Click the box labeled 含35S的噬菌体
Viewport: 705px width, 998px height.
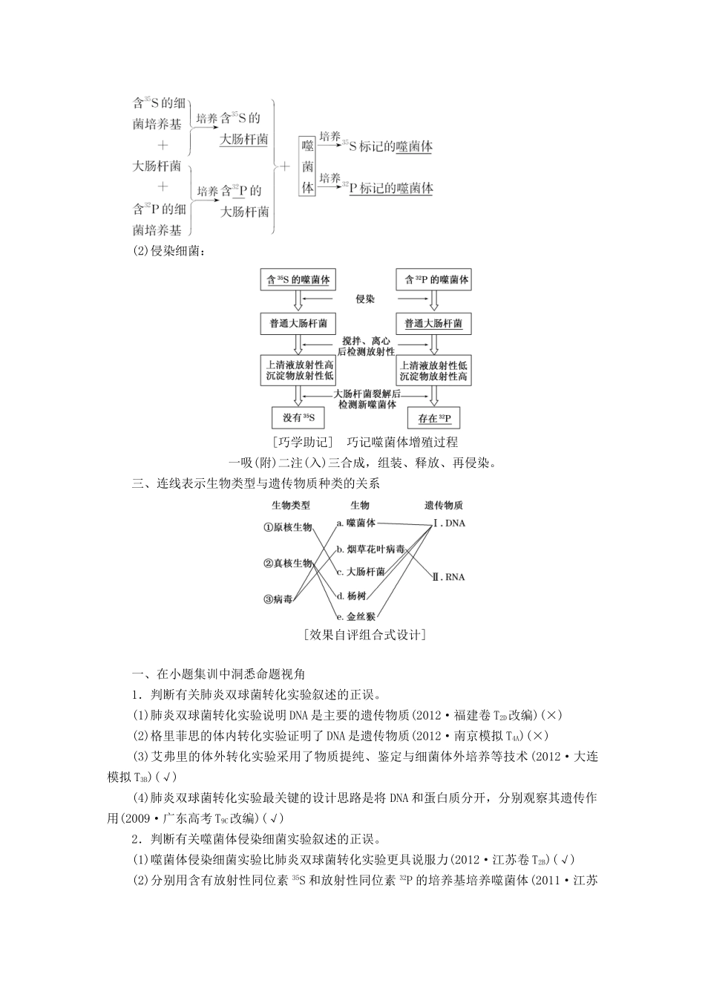pyautogui.click(x=298, y=281)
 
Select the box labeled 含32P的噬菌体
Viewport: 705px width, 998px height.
pyautogui.click(x=433, y=281)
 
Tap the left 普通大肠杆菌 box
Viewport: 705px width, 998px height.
pyautogui.click(x=298, y=324)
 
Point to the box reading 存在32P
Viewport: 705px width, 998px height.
pyautogui.click(x=434, y=419)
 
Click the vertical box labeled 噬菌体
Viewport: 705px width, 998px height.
pyautogui.click(x=307, y=166)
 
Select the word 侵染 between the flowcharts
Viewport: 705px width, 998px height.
pyautogui.click(x=365, y=299)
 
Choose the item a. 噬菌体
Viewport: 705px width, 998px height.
pyautogui.click(x=356, y=523)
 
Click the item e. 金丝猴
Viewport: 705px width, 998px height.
pyautogui.click(x=356, y=616)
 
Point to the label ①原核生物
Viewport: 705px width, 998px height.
pyautogui.click(x=287, y=527)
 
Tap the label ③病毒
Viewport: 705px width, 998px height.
pyautogui.click(x=278, y=599)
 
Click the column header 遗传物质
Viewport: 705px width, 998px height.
pyautogui.click(x=444, y=505)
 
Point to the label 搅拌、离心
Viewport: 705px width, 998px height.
pyautogui.click(x=365, y=341)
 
